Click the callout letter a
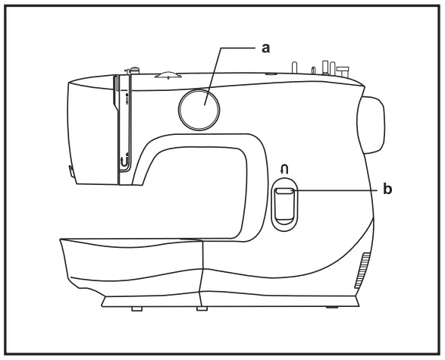coord(265,49)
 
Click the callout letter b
coord(387,189)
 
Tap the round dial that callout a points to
coord(199,109)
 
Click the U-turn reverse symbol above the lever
coord(284,170)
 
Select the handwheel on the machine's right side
coord(371,125)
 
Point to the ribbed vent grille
coord(362,270)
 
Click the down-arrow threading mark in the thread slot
coord(127,99)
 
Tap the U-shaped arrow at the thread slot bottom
coord(124,161)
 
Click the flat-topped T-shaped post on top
coord(343,72)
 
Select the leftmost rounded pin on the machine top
coord(294,67)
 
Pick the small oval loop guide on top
coord(313,70)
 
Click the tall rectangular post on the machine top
coord(324,67)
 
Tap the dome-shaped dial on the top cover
coord(168,74)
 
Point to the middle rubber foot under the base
coord(202,308)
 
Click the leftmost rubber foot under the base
coord(136,308)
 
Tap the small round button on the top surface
coord(271,74)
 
